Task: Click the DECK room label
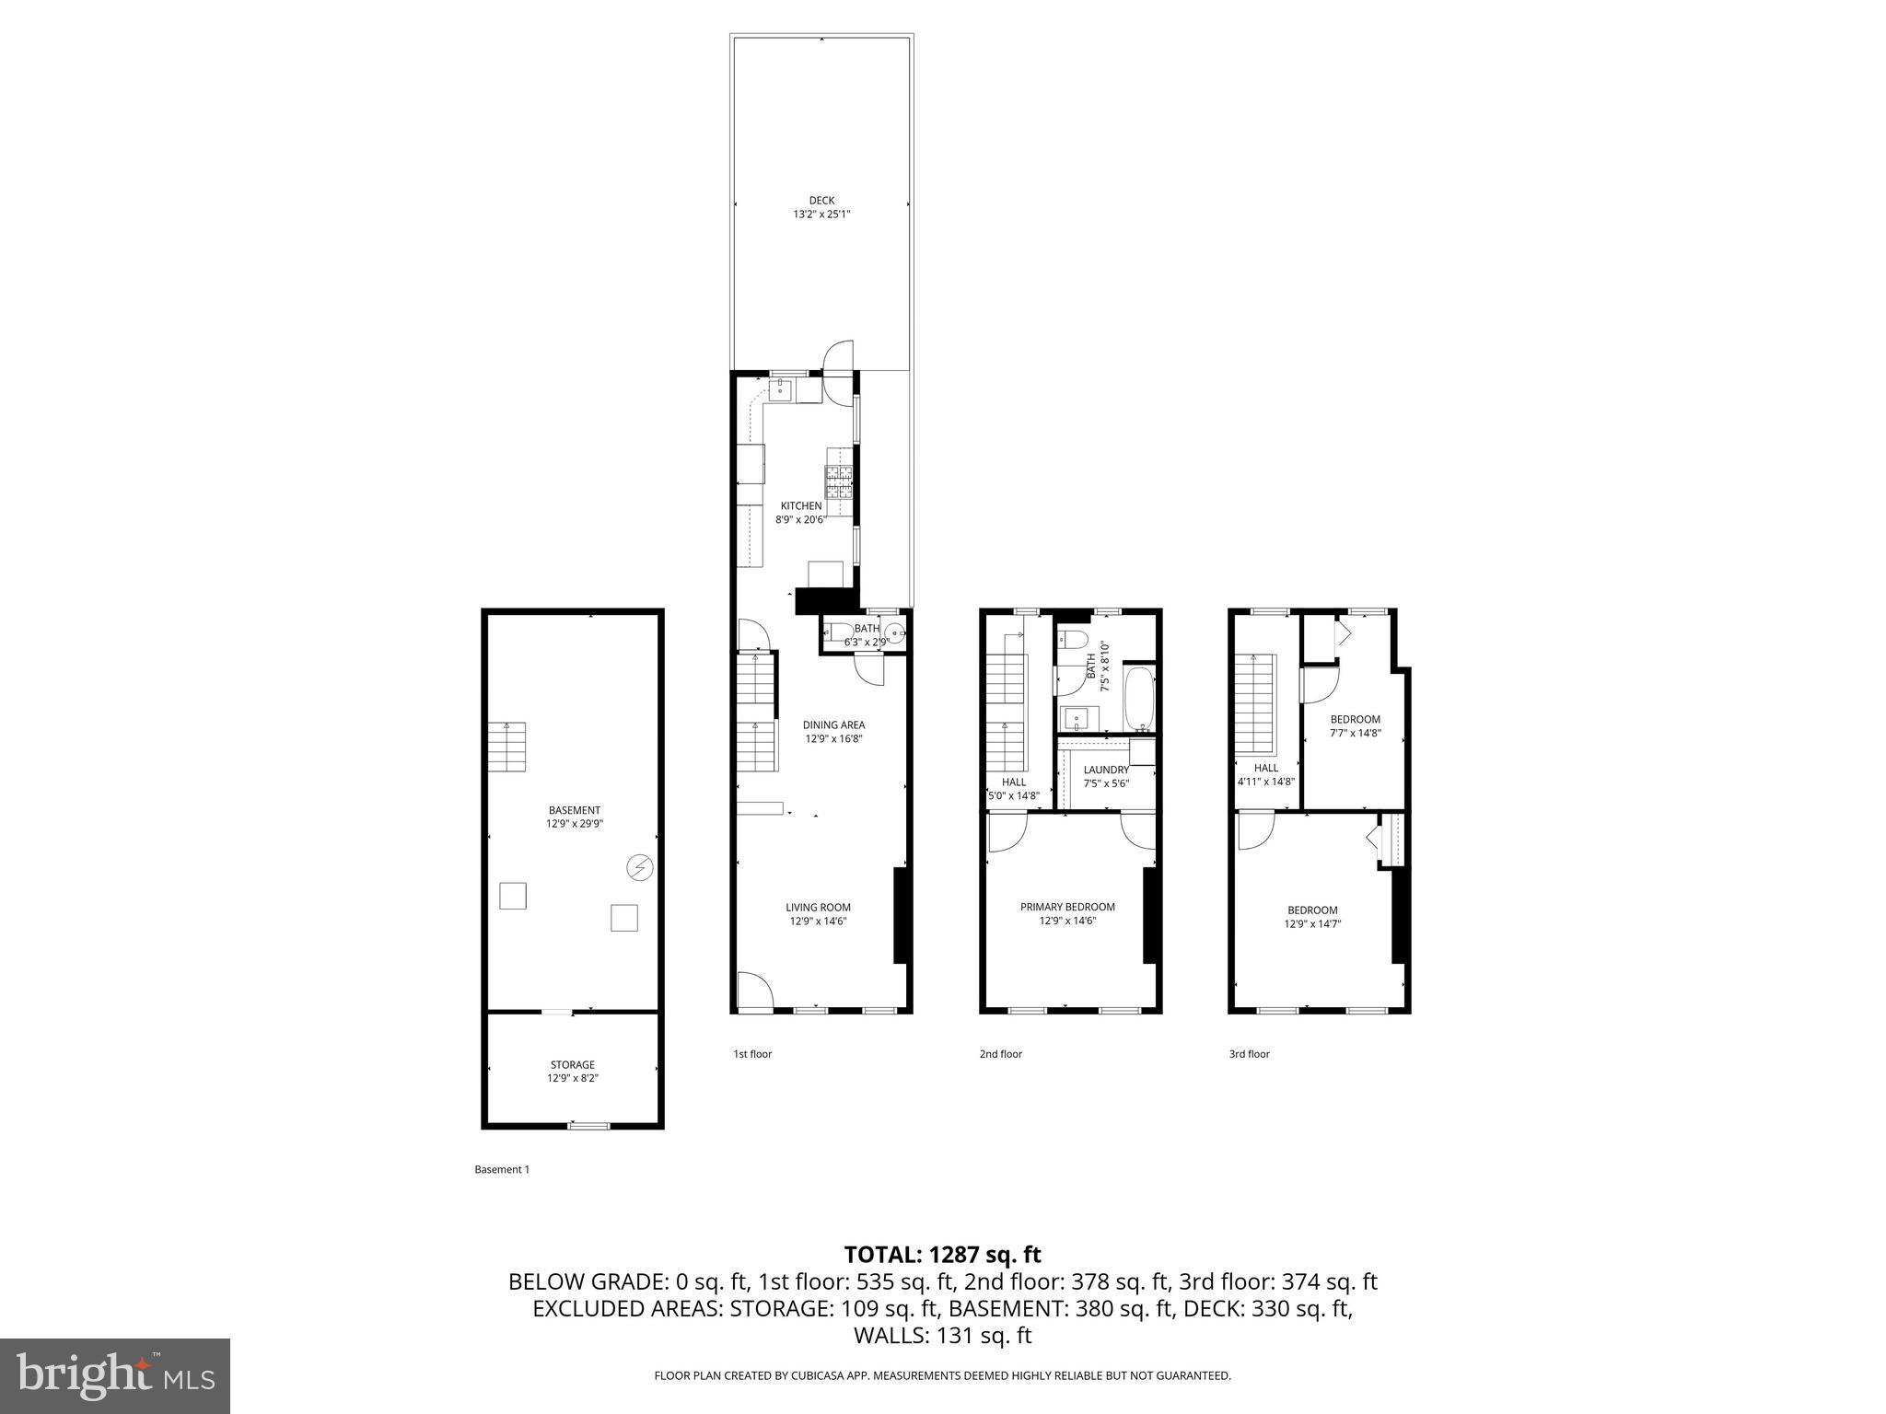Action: click(821, 201)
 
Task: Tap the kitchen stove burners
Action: click(839, 482)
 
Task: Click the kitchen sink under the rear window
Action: click(782, 391)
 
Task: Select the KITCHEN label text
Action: click(801, 506)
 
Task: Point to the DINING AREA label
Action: click(833, 725)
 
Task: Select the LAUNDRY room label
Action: click(1106, 771)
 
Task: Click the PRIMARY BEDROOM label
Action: click(1067, 907)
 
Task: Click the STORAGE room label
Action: click(573, 1065)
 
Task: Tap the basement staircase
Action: click(506, 747)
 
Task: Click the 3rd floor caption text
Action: click(1249, 1054)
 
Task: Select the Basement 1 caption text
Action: click(502, 1170)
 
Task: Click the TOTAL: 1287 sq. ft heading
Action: click(942, 1255)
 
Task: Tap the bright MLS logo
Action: click(115, 1375)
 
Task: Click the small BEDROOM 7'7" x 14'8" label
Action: click(1355, 720)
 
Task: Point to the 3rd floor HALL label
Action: click(1265, 768)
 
